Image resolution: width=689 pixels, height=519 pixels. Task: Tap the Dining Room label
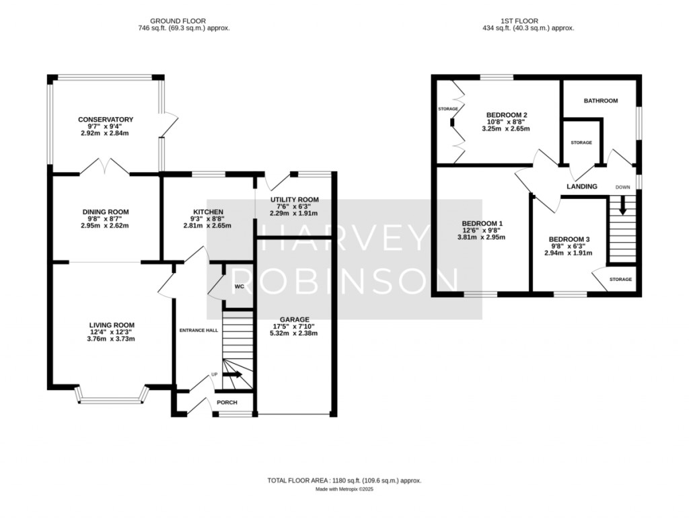click(106, 212)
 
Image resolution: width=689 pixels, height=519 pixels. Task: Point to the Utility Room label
click(294, 200)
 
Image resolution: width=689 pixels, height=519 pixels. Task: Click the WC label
click(239, 286)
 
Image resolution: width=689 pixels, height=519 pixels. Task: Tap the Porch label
click(226, 402)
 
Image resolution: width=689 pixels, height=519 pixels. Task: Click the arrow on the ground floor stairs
click(234, 374)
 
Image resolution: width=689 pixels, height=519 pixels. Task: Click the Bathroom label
click(600, 101)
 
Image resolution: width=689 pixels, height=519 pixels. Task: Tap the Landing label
click(582, 186)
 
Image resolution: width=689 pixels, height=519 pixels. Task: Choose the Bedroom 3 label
click(569, 239)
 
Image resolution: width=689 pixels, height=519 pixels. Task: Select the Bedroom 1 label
click(482, 223)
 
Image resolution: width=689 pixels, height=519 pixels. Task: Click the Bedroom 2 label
click(506, 115)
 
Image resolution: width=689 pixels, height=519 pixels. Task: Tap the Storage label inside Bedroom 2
click(447, 109)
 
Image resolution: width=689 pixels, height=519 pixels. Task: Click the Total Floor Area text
click(344, 481)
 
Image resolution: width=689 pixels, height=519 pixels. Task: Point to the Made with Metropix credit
click(344, 489)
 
